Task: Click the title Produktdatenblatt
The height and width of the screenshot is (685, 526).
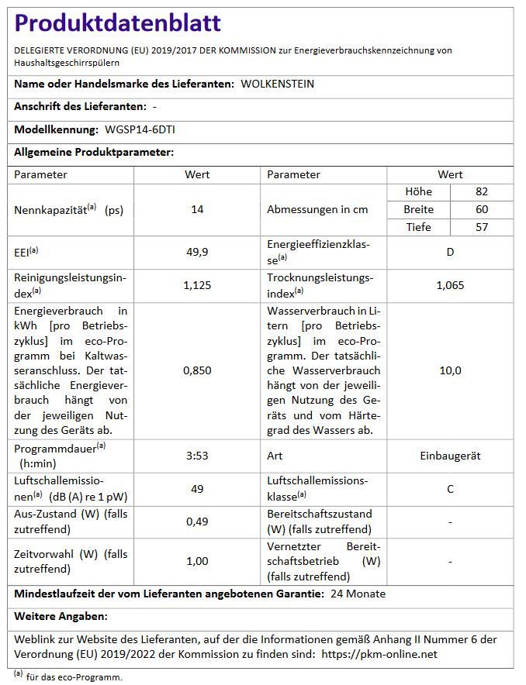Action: [118, 24]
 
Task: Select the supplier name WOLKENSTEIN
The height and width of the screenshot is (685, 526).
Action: [277, 84]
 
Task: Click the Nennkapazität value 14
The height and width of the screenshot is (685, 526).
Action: [197, 209]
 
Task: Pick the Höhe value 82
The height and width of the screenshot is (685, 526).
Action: [482, 191]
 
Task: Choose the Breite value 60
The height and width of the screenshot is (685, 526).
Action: [482, 209]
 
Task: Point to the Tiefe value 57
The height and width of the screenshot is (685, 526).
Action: [482, 227]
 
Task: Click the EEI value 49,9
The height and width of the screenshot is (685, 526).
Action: [197, 252]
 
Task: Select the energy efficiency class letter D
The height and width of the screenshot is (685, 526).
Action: [450, 252]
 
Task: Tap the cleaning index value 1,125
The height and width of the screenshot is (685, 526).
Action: [197, 285]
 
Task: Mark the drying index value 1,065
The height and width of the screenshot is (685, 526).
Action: [450, 285]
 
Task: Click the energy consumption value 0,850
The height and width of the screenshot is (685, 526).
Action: [197, 370]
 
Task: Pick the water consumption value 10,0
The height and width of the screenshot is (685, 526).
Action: [450, 370]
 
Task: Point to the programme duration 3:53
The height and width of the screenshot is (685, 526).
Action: [197, 456]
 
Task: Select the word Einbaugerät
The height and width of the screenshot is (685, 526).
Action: [450, 456]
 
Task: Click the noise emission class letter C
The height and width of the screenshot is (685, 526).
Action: [450, 489]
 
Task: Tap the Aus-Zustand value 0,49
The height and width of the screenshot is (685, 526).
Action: [197, 521]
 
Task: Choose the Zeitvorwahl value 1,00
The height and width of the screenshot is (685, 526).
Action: [197, 561]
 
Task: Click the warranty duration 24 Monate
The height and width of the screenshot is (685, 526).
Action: [358, 594]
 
